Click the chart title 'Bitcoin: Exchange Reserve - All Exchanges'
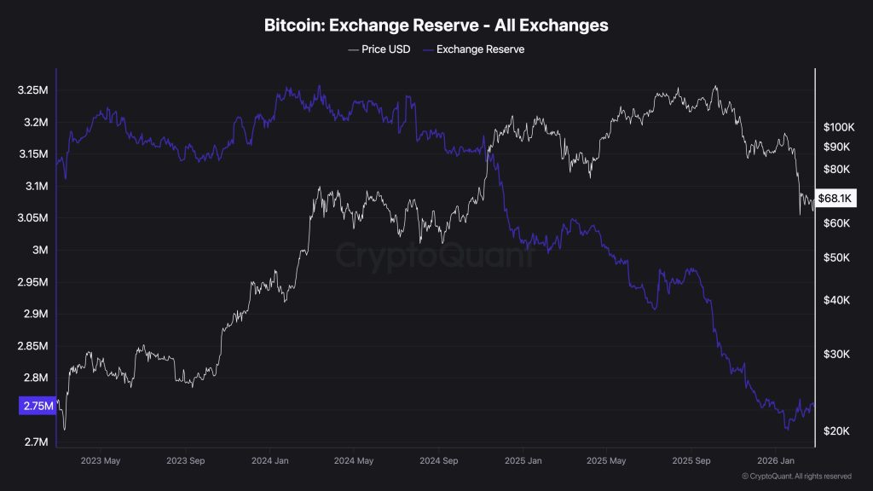tap(436, 26)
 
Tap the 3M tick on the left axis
tap(38, 251)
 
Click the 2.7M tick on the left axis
tap(35, 442)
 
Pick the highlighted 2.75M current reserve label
tap(37, 407)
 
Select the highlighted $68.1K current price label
tap(835, 198)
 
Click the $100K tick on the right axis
tap(838, 127)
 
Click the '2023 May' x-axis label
tap(101, 461)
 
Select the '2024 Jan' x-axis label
tap(270, 461)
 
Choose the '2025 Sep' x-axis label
tap(691, 461)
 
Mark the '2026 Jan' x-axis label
tap(775, 461)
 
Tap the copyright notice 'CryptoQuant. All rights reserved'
tap(797, 477)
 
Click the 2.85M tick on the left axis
tap(35, 346)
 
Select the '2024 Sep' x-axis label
tap(438, 461)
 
